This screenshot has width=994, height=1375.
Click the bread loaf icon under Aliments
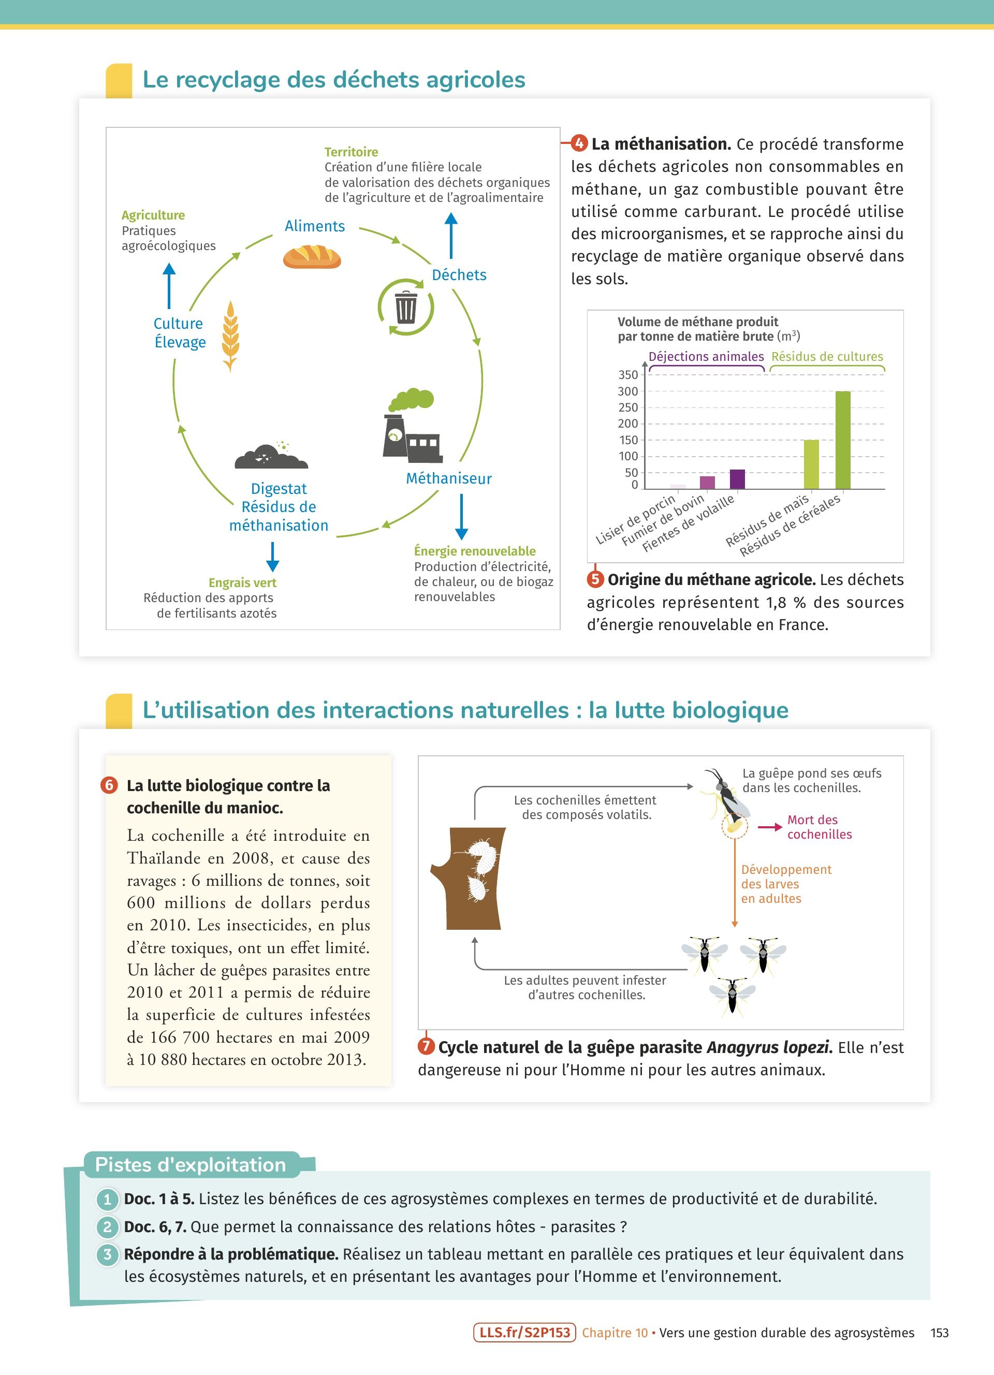point(312,256)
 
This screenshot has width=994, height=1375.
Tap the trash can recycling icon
point(405,307)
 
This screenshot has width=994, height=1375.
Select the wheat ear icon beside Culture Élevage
point(230,336)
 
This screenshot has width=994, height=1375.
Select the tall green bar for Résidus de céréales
point(842,440)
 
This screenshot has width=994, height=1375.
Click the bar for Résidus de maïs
point(811,464)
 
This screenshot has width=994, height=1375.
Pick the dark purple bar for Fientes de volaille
point(737,479)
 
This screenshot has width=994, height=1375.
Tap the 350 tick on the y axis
point(628,375)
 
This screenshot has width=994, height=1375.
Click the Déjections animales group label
point(706,357)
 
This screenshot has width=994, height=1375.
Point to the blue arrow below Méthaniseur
point(461,516)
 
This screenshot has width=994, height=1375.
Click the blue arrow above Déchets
point(450,235)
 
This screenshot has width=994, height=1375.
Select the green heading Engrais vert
point(242,582)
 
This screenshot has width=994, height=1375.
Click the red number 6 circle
point(109,785)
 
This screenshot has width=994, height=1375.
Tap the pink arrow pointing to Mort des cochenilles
point(769,827)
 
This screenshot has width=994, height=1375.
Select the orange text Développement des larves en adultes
point(785,884)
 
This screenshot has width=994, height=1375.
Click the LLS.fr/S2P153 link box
point(524,1332)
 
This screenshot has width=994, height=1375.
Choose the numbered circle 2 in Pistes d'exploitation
point(107,1226)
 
